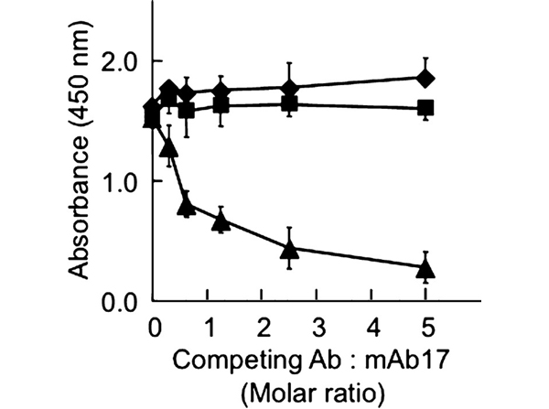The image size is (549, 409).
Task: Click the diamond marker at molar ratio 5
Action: (425, 78)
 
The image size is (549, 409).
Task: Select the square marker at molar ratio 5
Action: (425, 108)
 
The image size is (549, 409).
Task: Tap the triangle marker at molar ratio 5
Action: (425, 268)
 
